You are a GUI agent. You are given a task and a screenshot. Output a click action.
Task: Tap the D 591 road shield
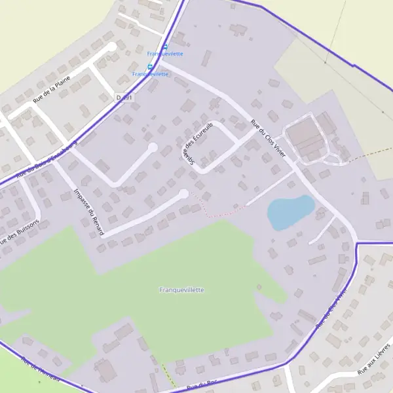coord(124,98)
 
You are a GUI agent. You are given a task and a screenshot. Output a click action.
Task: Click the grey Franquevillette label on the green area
coord(182,290)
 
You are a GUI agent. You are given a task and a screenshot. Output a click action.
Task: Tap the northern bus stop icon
coord(165,47)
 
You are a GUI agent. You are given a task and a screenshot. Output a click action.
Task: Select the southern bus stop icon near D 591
coord(150,66)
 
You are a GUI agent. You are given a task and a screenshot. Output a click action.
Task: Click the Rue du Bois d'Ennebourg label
coord(46,160)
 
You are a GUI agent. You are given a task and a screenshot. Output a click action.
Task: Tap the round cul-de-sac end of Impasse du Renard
coord(184,193)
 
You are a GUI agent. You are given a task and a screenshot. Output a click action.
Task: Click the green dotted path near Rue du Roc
coord(168,374)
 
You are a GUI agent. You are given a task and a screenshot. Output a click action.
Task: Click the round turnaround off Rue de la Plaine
coord(112,47)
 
